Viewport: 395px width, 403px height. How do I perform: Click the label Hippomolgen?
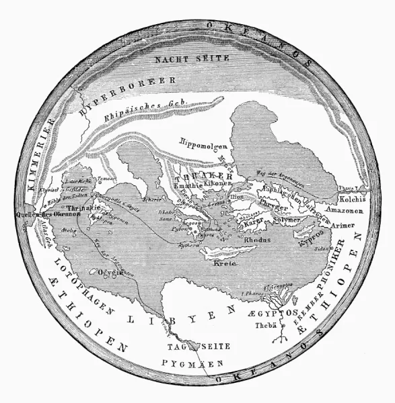click(x=204, y=142)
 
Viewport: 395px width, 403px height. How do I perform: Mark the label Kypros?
click(x=308, y=239)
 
